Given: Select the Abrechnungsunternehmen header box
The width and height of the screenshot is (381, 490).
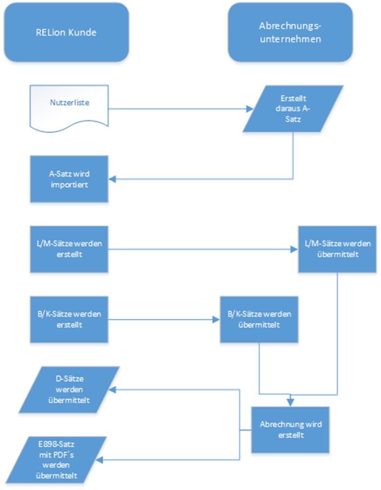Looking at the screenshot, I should coord(290,33).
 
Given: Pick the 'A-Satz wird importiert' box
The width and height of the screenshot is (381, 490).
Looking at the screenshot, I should coord(69,179).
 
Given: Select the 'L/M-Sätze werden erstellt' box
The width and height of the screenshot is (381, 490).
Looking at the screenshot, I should coord(69,249).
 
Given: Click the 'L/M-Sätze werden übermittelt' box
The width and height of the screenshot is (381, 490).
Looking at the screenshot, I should coord(337,249).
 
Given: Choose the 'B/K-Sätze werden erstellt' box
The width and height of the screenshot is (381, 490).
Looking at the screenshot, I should coord(69,320).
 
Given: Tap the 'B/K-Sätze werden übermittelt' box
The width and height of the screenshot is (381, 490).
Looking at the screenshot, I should coord(259,320).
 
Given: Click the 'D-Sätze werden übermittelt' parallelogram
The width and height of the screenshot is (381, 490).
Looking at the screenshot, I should coord(69,389).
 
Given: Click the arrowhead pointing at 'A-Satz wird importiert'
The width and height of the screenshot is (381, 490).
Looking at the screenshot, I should coord(113,179).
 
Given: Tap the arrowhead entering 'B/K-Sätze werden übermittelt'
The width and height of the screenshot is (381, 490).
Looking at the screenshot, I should coord(217,320).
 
